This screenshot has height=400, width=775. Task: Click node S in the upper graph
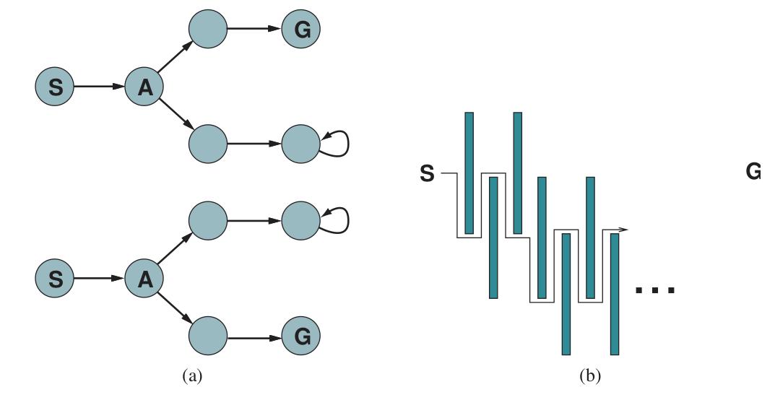pos(54,87)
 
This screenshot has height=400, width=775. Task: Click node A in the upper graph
pos(144,87)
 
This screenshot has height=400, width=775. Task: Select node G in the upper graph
pos(301,29)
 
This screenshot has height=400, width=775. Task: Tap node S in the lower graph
pos(54,278)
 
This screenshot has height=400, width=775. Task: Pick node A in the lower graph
pos(144,278)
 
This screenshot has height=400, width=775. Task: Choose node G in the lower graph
pos(301,336)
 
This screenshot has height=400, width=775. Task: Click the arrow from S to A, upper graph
pos(99,87)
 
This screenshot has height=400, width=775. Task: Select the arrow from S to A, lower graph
pos(99,278)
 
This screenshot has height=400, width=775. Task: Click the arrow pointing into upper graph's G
pos(254,29)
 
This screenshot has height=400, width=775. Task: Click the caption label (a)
pos(192,376)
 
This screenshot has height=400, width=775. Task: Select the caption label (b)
pos(589,376)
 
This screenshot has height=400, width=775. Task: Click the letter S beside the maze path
pos(427,174)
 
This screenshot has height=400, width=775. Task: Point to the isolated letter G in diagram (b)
pos(753,172)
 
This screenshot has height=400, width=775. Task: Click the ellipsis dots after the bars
pos(655,290)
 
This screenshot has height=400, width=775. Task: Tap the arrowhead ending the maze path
pos(624,230)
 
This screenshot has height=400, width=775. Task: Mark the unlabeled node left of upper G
pos(208,29)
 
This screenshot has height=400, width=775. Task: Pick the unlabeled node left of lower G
pos(208,336)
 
